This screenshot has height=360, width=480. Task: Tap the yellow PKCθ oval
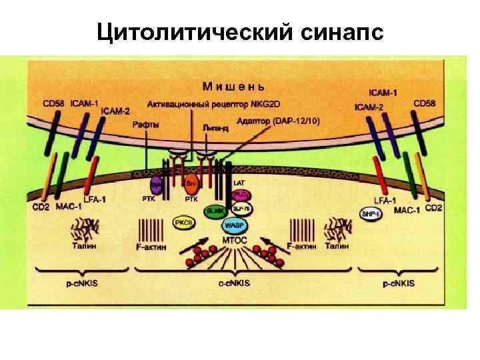pyautogui.click(x=183, y=223)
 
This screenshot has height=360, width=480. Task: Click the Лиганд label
pyautogui.click(x=215, y=127)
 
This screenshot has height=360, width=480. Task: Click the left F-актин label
pyautogui.click(x=151, y=247)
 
